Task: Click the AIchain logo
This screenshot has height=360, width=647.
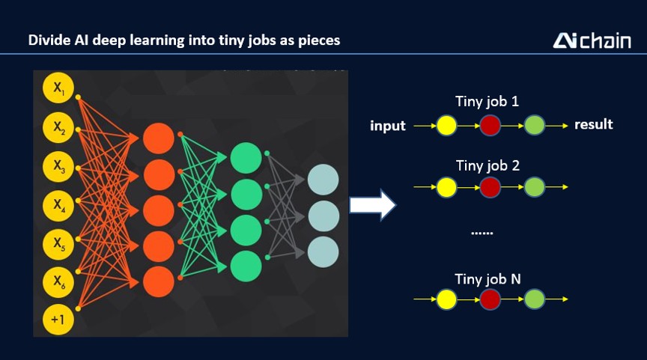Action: coord(592,41)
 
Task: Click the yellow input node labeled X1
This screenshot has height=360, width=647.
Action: coord(58,88)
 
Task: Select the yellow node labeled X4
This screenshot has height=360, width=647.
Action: coord(58,205)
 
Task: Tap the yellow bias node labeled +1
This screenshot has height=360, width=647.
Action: coord(58,319)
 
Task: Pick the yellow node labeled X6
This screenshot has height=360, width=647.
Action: coord(58,282)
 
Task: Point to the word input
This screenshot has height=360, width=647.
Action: coord(388,125)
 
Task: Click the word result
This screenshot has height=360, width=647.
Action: coord(594,124)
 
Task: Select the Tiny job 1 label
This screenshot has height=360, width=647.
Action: coord(487,102)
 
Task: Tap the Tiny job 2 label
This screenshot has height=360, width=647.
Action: coord(487,165)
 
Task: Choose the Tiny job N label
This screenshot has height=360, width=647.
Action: coord(487,279)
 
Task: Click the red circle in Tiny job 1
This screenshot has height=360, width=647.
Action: coord(490,125)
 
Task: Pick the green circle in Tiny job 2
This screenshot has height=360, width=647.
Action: coord(535,187)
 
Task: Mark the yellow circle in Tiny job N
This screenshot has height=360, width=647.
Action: coord(446,299)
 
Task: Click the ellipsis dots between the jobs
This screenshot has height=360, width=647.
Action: coord(482,234)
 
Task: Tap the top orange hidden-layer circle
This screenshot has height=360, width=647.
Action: coord(159,138)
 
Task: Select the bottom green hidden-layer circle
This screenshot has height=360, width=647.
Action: coord(246,266)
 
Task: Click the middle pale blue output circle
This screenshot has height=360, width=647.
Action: coord(323,216)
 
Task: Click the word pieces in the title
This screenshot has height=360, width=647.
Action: coord(319,41)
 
